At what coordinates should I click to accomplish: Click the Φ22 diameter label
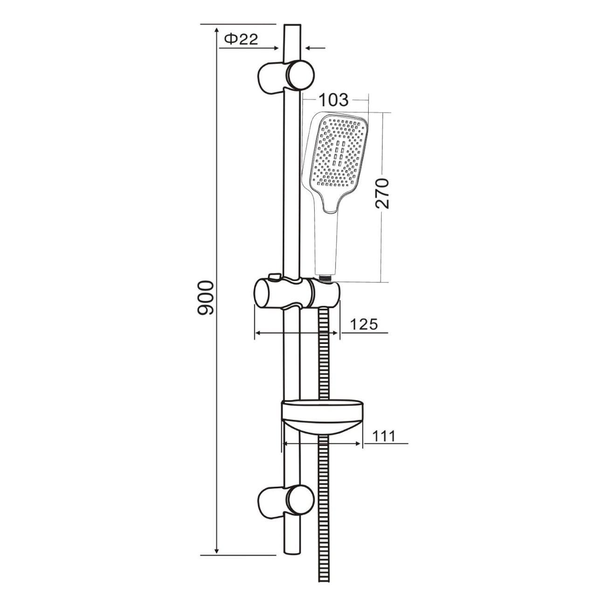coord(241,40)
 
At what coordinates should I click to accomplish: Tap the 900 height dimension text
coord(206,297)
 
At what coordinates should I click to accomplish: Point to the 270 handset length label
coord(382,193)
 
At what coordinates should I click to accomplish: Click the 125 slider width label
coord(364,324)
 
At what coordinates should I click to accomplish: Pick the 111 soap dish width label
coord(383,436)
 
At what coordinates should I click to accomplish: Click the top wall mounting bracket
coord(286,77)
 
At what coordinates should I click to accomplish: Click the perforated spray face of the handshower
coord(339,151)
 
